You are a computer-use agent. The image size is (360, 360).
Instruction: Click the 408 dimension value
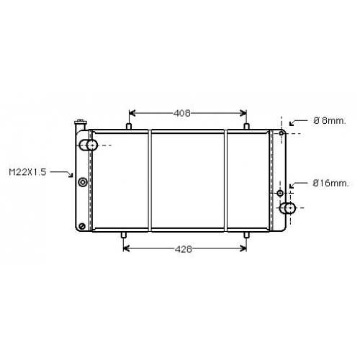click(x=182, y=113)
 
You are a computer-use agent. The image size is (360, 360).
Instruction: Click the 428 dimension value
click(x=184, y=249)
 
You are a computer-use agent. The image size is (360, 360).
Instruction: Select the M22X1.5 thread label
click(x=27, y=172)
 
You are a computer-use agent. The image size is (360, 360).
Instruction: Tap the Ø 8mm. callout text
click(x=330, y=120)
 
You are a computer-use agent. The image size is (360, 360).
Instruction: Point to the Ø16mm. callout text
click(x=330, y=184)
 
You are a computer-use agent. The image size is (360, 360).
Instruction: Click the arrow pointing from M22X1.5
click(x=61, y=174)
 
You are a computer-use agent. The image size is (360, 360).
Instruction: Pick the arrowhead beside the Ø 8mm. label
click(x=292, y=123)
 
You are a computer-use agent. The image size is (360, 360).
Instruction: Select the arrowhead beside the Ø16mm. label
click(x=292, y=186)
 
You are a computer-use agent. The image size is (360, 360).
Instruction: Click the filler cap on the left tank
click(x=81, y=125)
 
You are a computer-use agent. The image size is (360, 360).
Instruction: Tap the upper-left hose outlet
click(x=88, y=145)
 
